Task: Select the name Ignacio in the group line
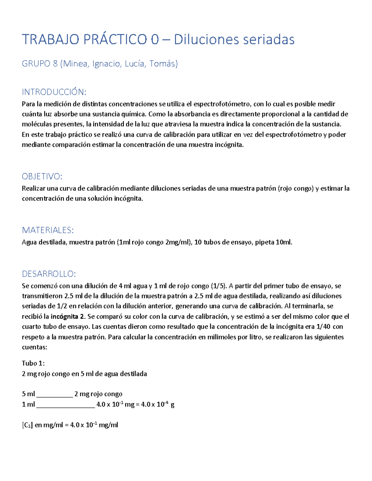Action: point(106,64)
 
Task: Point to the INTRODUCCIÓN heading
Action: point(54,92)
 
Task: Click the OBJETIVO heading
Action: point(42,177)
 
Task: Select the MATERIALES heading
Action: point(48,230)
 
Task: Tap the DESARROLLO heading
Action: point(49,274)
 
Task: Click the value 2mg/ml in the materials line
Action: point(178,242)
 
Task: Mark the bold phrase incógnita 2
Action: point(68,317)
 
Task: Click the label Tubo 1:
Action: point(33,363)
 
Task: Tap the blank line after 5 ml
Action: point(55,394)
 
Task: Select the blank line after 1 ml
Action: point(65,404)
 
